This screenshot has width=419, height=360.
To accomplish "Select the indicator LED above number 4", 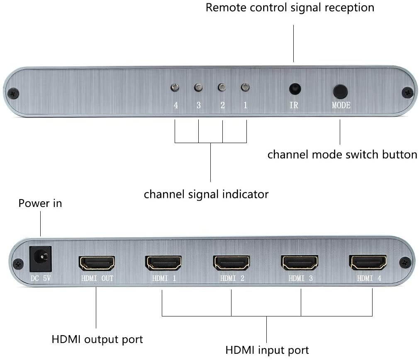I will click(175, 88).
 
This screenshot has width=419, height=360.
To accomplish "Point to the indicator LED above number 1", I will click(245, 88).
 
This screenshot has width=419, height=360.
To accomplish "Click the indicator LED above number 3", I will click(198, 88).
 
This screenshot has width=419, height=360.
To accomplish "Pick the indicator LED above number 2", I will click(222, 88).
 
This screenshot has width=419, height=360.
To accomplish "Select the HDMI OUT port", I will click(97, 263).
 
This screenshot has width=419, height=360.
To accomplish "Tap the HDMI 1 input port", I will click(163, 263).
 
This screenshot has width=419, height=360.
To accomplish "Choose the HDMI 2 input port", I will click(231, 263).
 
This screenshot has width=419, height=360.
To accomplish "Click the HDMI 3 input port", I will click(300, 263).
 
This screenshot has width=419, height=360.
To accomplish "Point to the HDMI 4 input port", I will click(368, 263).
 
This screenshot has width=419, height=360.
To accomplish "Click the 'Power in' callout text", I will click(40, 203).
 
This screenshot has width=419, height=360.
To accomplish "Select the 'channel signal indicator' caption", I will click(206, 194).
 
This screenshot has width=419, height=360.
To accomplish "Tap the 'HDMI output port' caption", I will click(97, 339).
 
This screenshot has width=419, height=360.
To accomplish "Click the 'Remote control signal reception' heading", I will click(290, 7).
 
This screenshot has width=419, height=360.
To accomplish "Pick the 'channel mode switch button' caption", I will click(342, 155).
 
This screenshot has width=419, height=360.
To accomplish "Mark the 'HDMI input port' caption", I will click(267, 350).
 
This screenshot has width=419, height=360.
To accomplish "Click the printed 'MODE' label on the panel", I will click(341, 105).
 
